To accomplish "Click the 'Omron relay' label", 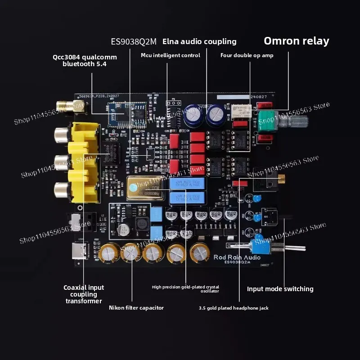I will (296, 41).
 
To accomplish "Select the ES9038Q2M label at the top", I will (134, 42).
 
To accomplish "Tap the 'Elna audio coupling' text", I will (199, 41).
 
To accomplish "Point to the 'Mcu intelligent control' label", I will (171, 55).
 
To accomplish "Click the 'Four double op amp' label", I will (247, 55).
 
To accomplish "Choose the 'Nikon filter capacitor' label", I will (136, 308).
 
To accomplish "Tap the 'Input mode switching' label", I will (280, 289).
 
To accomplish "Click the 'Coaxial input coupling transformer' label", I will (84, 294).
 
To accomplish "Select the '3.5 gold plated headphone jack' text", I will (234, 308).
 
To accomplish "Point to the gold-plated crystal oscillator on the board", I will (146, 189).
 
